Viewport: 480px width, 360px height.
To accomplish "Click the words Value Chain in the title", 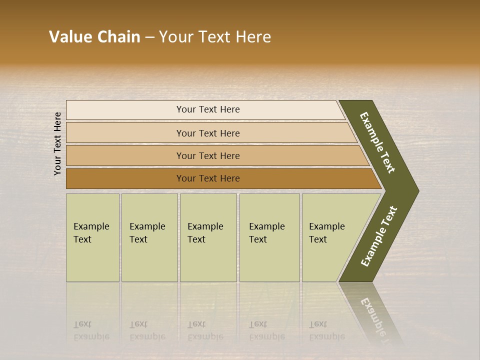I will [x=94, y=37].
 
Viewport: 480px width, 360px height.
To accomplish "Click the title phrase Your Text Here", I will [x=215, y=37].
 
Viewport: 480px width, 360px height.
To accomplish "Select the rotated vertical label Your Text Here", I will [x=57, y=143].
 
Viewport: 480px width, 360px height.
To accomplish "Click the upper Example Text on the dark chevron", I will [x=377, y=142].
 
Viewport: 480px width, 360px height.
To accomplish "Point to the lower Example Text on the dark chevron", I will [x=378, y=236].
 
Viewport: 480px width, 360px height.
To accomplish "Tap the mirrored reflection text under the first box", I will [x=91, y=330].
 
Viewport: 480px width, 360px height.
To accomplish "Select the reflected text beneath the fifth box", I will [x=326, y=330].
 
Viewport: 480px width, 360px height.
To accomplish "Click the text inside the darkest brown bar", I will [x=208, y=178].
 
